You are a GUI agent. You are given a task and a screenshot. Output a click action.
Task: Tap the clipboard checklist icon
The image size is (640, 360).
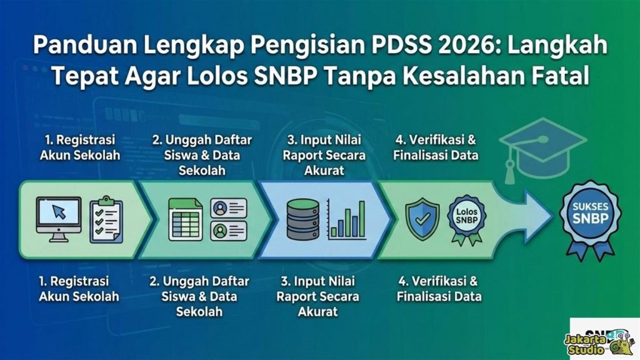[x=106, y=221]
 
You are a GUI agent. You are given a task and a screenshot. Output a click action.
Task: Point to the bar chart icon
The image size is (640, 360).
[x=348, y=220]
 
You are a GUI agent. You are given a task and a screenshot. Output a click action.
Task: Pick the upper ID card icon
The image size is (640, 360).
[x=229, y=208]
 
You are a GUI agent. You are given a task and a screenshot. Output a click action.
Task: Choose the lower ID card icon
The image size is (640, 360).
[x=229, y=231]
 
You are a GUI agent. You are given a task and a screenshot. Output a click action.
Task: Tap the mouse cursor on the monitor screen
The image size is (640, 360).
[x=61, y=212]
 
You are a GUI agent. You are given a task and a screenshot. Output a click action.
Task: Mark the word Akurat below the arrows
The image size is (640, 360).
[x=318, y=311]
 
